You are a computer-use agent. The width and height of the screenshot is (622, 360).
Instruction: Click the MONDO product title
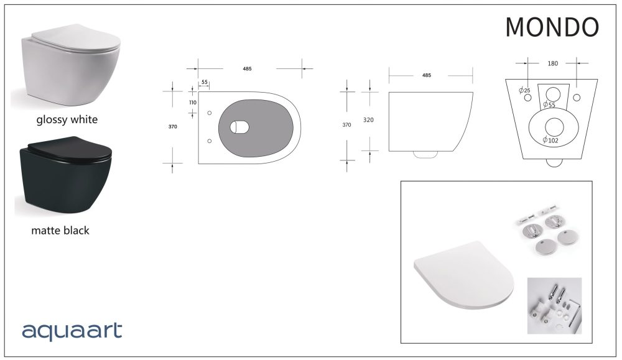pyautogui.click(x=552, y=27)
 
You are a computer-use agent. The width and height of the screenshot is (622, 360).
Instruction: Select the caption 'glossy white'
pyautogui.click(x=67, y=119)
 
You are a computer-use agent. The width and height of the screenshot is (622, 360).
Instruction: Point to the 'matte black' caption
pyautogui.click(x=60, y=231)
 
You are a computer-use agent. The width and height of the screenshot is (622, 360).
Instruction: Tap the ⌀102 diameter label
pyautogui.click(x=550, y=141)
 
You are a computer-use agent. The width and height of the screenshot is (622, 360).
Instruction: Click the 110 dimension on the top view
pyautogui.click(x=192, y=102)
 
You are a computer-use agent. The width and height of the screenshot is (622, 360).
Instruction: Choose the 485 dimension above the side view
pyautogui.click(x=427, y=75)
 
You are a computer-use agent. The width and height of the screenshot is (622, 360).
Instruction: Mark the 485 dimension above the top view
pyautogui.click(x=248, y=68)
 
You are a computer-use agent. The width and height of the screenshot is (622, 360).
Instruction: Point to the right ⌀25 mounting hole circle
pyautogui.click(x=577, y=98)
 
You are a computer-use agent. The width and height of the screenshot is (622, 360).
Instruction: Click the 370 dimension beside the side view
pyautogui.click(x=346, y=125)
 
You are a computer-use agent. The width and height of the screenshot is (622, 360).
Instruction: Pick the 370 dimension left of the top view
pyautogui.click(x=173, y=127)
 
